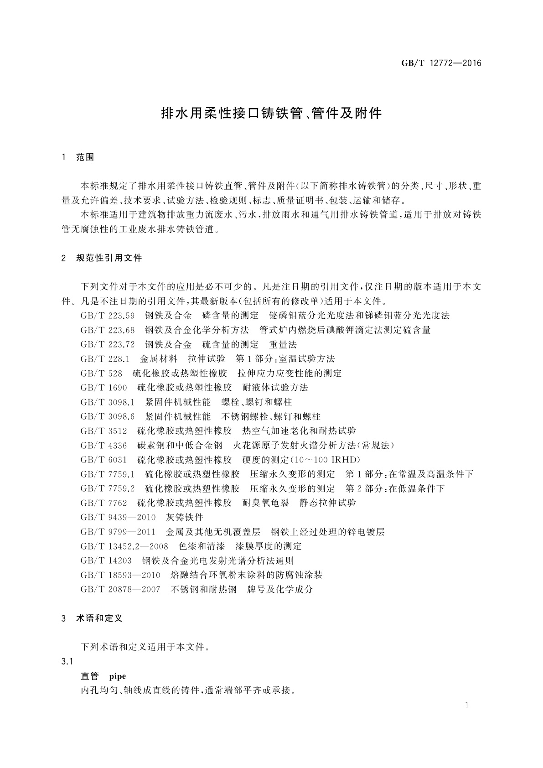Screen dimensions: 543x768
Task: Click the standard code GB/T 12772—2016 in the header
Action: (441, 63)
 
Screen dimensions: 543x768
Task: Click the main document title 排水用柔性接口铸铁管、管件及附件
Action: (272, 113)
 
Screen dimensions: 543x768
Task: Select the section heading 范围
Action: (85, 157)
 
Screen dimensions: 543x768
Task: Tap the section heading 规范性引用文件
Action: (109, 258)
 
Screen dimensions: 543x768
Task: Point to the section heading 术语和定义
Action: (99, 618)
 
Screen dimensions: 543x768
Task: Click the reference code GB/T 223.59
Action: (108, 316)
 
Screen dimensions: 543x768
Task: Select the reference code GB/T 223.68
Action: (108, 330)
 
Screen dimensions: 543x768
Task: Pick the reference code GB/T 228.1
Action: (105, 359)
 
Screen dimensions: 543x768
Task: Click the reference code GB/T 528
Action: (101, 374)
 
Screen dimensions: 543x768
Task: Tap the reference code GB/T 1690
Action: (103, 388)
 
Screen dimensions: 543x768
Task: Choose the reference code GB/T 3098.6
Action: (108, 416)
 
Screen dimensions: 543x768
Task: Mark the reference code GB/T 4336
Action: (103, 446)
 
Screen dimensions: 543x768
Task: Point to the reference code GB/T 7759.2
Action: (108, 489)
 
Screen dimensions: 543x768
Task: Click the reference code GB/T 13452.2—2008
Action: (124, 546)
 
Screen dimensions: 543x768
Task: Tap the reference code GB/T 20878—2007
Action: (120, 590)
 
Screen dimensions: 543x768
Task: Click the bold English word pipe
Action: (118, 676)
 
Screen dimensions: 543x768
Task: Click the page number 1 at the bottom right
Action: (467, 705)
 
